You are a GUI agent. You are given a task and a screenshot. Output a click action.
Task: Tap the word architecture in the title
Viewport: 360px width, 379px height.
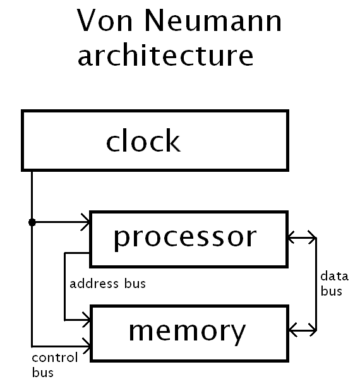(165, 56)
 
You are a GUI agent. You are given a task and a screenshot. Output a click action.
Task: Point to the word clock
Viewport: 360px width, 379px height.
(143, 141)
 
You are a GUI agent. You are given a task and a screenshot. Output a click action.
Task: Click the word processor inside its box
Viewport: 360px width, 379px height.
(185, 238)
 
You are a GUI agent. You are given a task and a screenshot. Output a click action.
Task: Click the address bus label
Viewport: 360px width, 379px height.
(107, 284)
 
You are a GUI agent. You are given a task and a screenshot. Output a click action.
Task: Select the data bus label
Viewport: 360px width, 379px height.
(333, 284)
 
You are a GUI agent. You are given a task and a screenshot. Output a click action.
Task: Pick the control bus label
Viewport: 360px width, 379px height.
(54, 364)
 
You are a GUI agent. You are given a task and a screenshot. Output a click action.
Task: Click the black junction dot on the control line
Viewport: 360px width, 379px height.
(32, 222)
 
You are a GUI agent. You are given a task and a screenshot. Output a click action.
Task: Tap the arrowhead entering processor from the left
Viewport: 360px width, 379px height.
(85, 222)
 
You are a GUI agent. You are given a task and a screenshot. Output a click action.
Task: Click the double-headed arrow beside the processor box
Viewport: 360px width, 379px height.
(301, 238)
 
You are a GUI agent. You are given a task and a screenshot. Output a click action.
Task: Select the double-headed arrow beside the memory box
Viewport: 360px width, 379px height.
(301, 329)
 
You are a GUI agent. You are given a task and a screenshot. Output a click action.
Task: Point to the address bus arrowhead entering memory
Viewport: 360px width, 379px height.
(85, 319)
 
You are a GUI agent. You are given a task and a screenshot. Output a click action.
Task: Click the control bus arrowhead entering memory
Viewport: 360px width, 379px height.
(85, 345)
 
